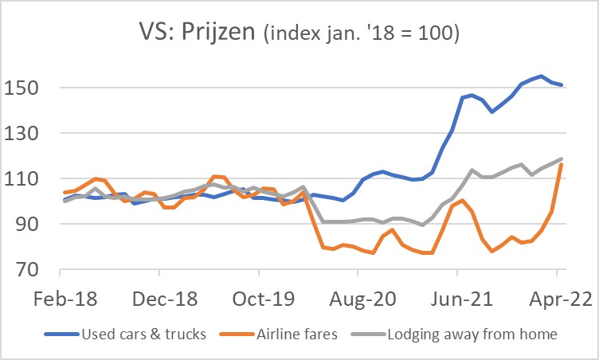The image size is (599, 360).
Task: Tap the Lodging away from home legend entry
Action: point(472,334)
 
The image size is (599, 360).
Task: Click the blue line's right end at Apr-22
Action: point(562,84)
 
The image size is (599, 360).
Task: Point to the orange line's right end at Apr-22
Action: point(562,164)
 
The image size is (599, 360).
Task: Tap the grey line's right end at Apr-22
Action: point(562,158)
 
